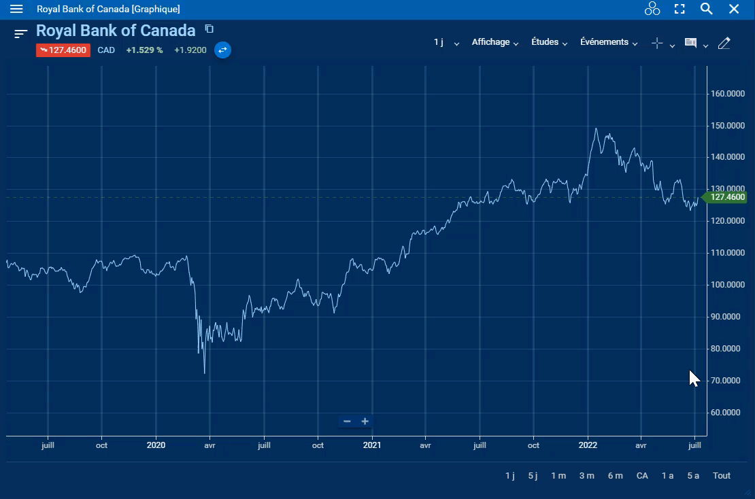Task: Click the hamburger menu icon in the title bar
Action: coord(16,9)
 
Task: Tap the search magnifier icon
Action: coord(707,9)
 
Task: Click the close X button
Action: coord(734,9)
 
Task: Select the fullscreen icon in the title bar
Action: coord(679,9)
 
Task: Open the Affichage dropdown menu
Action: coord(494,42)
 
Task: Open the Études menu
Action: coord(549,42)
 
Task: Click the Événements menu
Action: coord(608,42)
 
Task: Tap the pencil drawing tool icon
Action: coord(724,43)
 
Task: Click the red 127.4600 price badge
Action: coord(63,50)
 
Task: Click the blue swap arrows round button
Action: coord(222,50)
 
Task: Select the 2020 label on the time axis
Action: coord(156,445)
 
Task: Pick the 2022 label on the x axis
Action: coord(588,445)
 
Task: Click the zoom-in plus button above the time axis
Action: coord(365,421)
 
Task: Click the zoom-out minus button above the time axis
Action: coord(347,421)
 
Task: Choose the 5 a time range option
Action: coord(693,476)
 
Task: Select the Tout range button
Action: coord(722,476)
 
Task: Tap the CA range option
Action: coord(642,476)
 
